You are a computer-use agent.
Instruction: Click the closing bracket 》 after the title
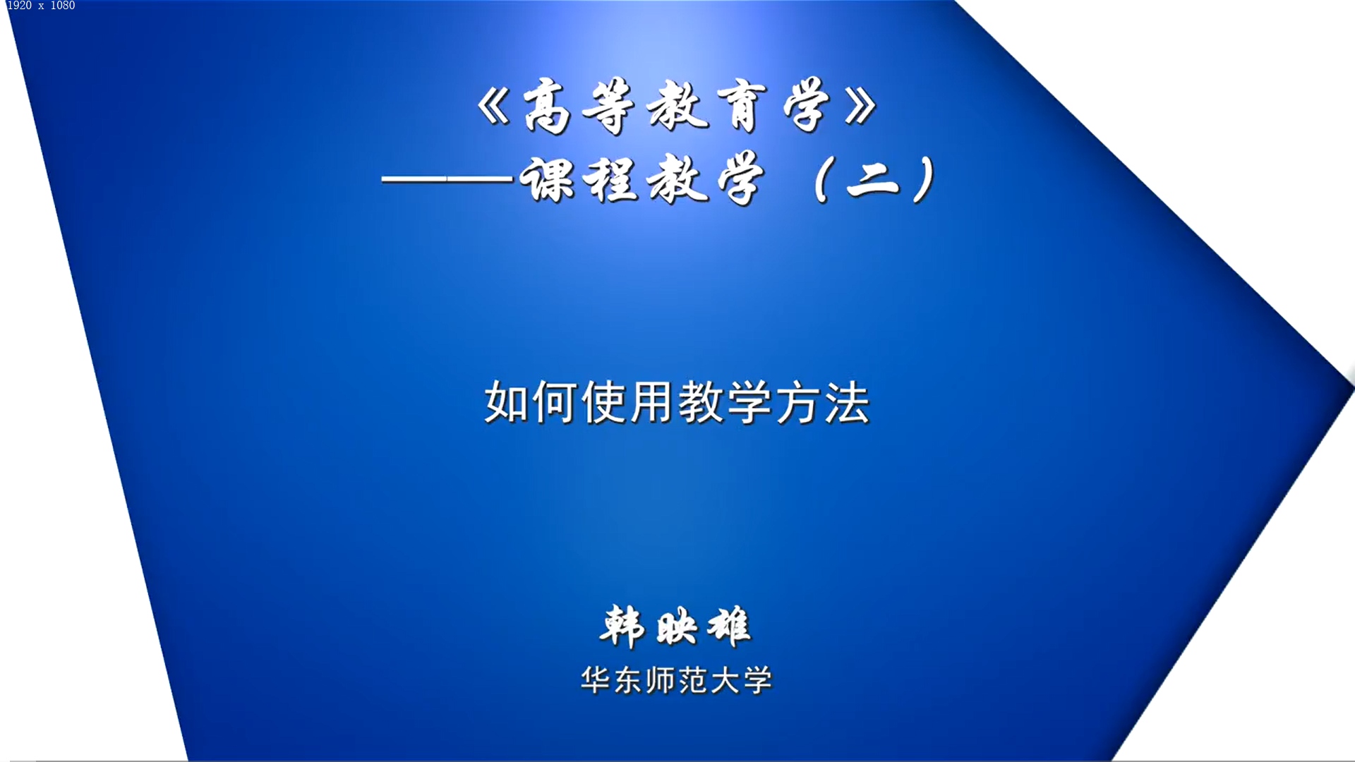860,108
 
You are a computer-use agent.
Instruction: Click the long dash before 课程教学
447,179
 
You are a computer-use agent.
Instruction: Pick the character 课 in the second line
547,179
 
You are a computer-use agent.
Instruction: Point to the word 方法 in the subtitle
822,402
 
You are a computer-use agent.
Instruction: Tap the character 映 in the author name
676,627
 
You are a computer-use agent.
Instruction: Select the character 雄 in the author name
729,627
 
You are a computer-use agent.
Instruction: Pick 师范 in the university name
676,680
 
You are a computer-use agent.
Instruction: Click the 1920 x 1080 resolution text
41,6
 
